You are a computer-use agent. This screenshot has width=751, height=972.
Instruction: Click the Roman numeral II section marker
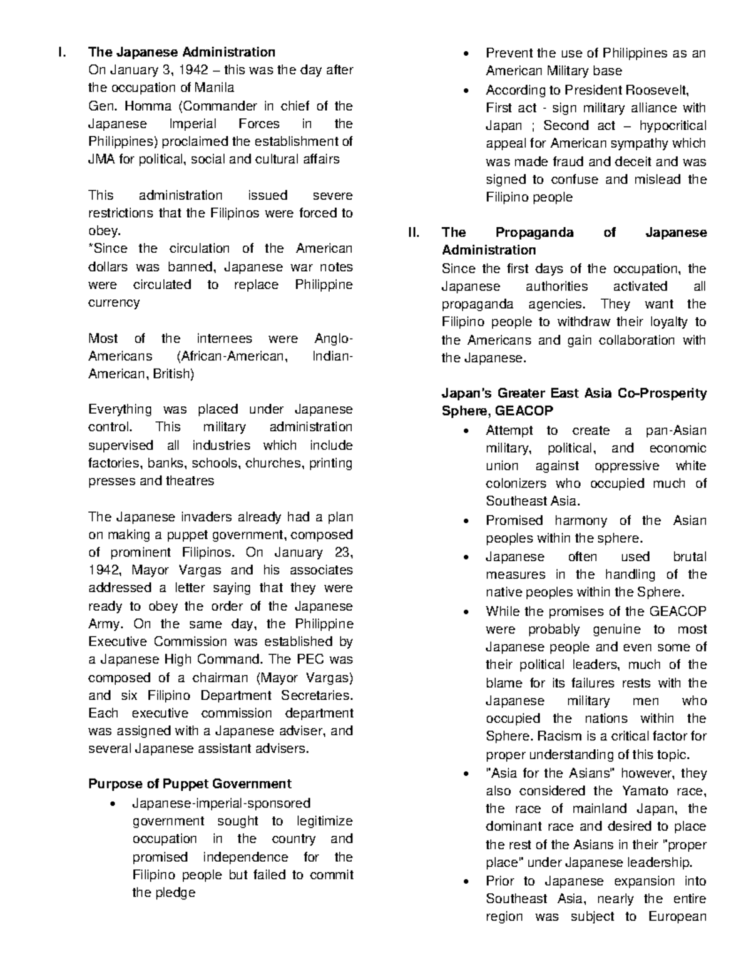pos(413,232)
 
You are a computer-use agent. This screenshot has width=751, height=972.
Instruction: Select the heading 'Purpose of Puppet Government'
pos(190,784)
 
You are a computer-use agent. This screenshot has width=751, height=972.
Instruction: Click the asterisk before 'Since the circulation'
pos(90,248)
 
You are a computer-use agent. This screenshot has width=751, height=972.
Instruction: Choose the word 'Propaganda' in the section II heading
pos(534,232)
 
